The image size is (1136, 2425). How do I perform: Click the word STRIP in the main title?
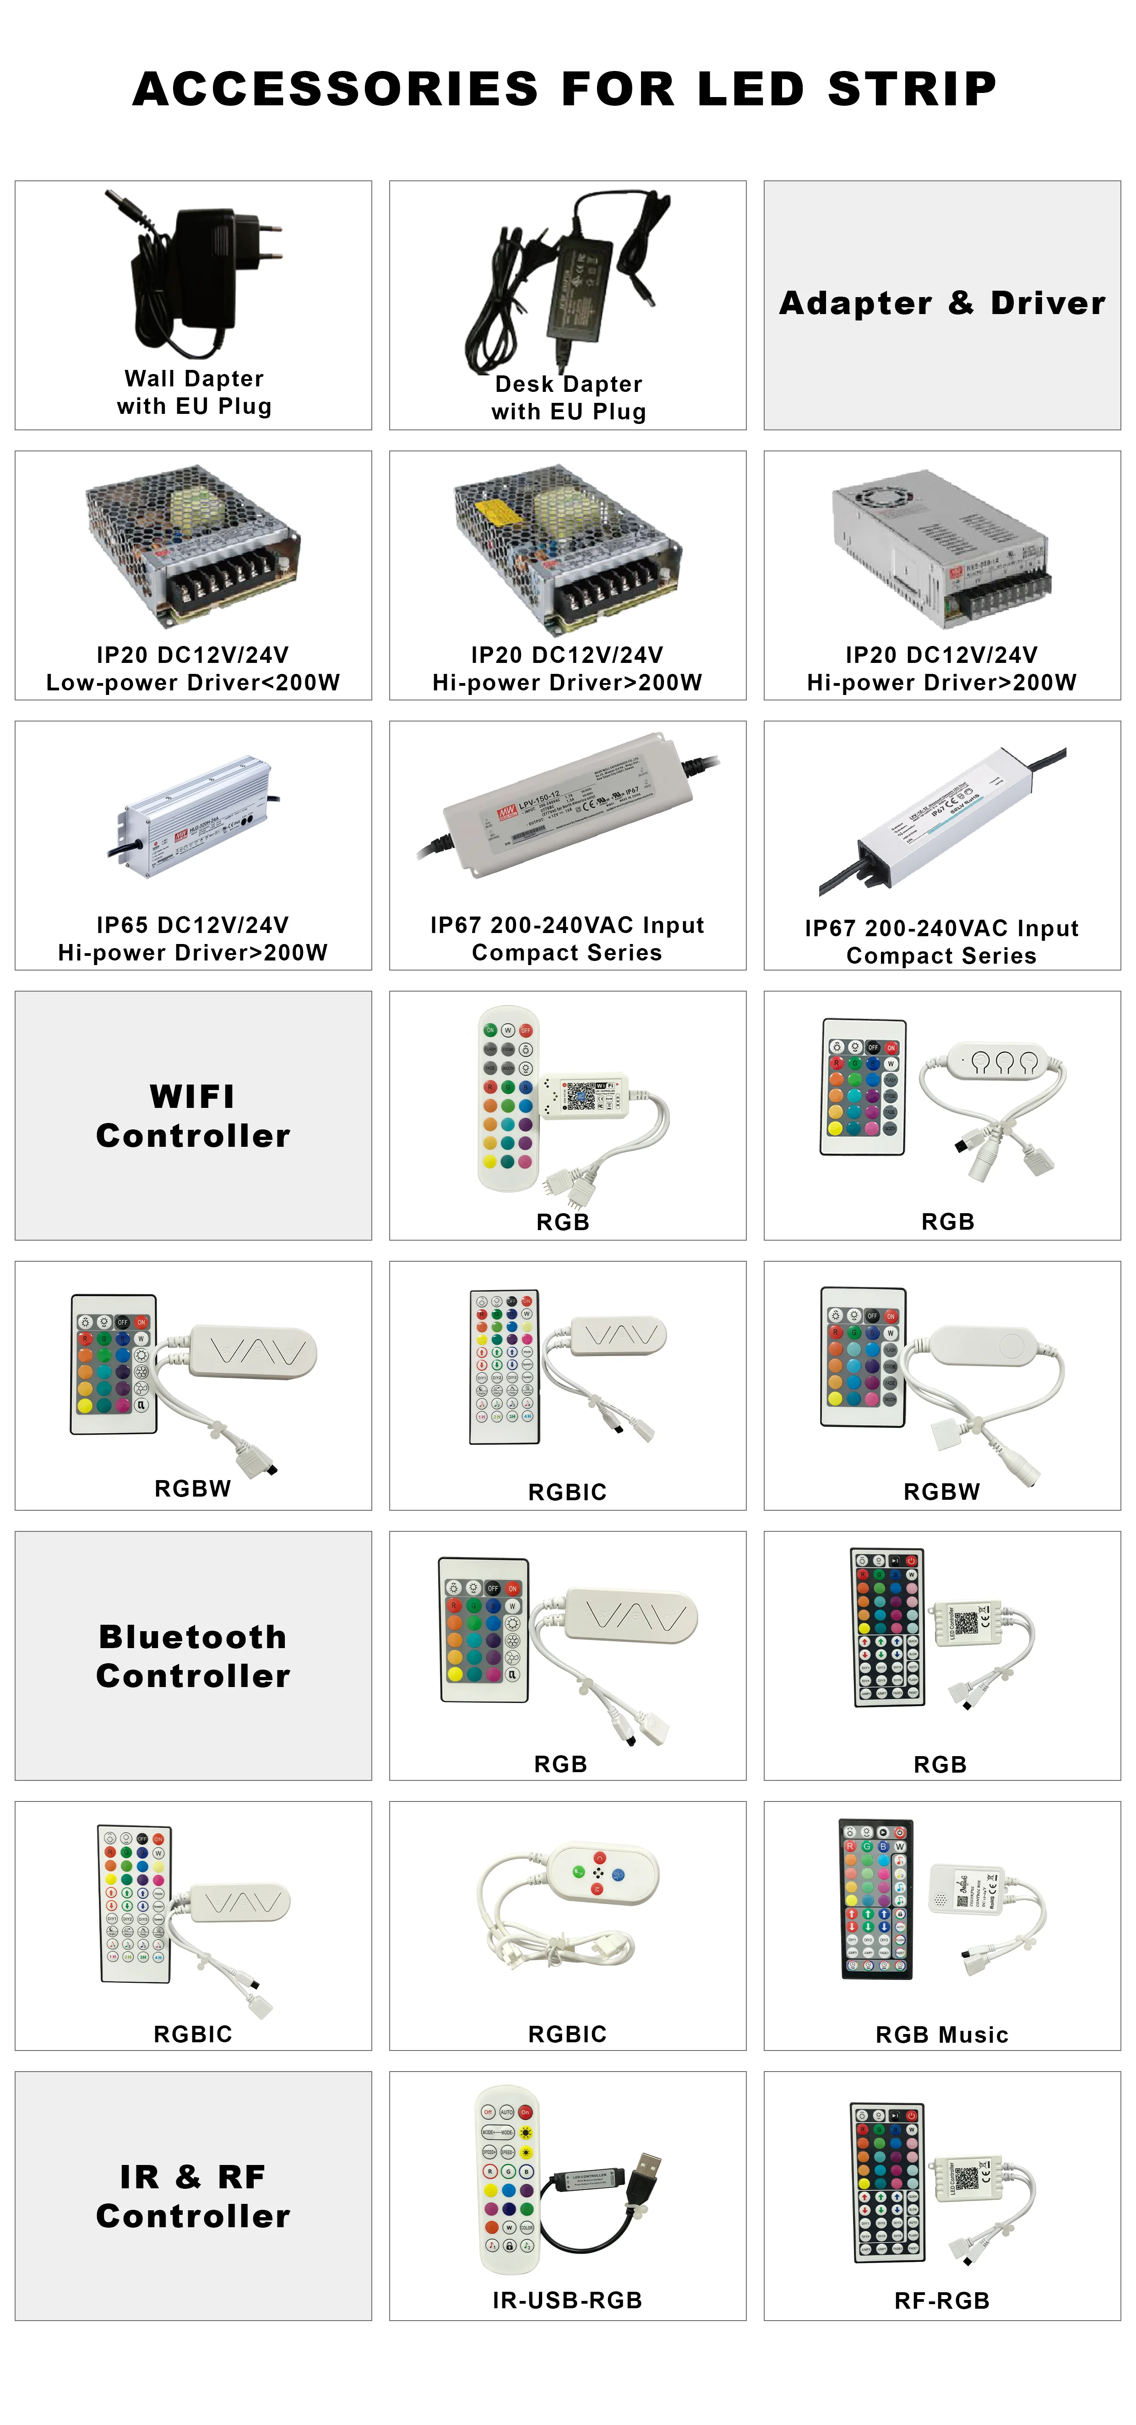911,89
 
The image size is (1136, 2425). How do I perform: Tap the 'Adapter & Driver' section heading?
942,303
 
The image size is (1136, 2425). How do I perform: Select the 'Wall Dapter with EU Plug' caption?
194,392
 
